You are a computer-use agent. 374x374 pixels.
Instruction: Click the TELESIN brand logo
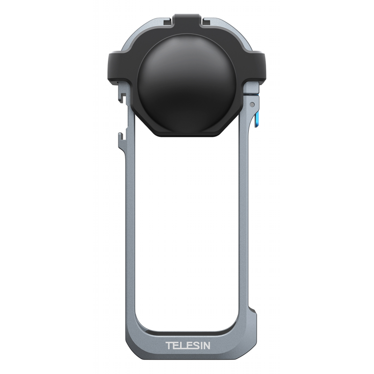tap(188, 345)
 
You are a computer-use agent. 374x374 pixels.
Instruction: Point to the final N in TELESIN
tap(207, 345)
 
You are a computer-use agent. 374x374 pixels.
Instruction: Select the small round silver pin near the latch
tap(252, 104)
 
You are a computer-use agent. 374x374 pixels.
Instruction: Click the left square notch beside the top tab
tap(167, 22)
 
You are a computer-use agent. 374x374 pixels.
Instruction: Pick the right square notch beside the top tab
tap(207, 22)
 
